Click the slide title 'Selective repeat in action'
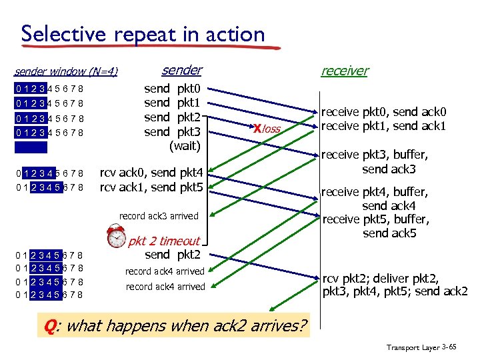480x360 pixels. pos(143,33)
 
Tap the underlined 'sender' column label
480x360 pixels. pos(181,70)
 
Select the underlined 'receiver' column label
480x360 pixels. pos(344,71)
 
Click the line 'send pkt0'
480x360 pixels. pos(177,89)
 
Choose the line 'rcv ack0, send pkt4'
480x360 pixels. pos(155,173)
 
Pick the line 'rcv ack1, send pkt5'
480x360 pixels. pos(151,187)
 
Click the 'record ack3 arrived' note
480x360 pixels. pos(159,216)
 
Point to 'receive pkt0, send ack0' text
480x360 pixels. pos(383,112)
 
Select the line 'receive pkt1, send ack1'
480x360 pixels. pos(383,125)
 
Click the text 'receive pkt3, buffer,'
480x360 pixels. pos(375,155)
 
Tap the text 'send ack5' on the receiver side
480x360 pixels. pos(389,233)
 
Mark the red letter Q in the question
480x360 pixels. pos(49,326)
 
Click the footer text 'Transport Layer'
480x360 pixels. pos(413,347)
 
